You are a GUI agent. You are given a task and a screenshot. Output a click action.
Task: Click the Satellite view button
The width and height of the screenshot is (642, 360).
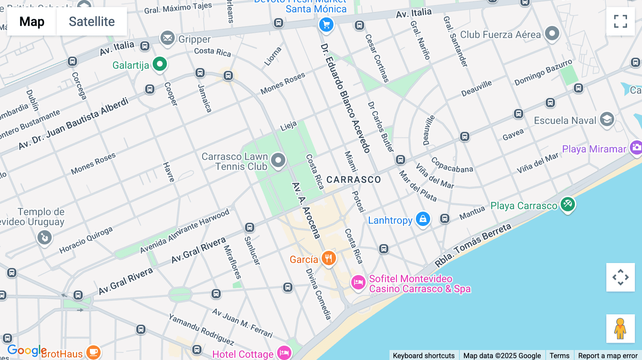click(x=92, y=21)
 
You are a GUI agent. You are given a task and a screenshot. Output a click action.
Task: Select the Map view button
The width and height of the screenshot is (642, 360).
click(x=32, y=21)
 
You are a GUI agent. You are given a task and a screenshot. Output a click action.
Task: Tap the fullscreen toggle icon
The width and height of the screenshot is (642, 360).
click(x=620, y=21)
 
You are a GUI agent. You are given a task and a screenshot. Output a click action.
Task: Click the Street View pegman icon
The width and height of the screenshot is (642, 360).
click(x=620, y=329)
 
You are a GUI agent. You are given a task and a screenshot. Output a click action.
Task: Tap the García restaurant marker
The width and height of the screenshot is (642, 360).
click(x=328, y=258)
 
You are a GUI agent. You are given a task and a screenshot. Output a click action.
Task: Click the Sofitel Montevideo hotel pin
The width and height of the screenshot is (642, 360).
click(x=358, y=283)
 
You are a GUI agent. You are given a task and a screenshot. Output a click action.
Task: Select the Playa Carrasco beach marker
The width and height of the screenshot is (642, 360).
click(x=567, y=205)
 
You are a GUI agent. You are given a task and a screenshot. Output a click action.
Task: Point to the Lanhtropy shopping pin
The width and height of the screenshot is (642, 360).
click(x=423, y=219)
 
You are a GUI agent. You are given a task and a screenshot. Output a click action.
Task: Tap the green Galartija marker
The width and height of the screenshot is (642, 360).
click(x=160, y=65)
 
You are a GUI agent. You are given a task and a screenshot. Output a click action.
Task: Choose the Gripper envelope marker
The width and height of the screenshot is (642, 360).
click(x=167, y=38)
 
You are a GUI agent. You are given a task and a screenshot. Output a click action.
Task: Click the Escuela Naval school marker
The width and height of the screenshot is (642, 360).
click(x=607, y=119)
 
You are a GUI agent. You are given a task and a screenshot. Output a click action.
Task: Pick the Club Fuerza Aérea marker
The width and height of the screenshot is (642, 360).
click(x=552, y=34)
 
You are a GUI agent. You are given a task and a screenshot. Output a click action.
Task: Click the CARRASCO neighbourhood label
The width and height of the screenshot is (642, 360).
click(x=353, y=180)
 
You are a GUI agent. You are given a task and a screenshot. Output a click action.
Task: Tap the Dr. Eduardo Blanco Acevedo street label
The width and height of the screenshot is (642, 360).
click(x=345, y=98)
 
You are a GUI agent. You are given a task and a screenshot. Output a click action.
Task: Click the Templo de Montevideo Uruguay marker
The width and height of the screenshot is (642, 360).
click(x=45, y=237)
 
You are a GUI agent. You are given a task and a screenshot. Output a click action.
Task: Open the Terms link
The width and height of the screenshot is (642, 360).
click(x=559, y=355)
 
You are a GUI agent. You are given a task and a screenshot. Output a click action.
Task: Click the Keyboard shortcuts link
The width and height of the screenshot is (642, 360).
click(x=423, y=355)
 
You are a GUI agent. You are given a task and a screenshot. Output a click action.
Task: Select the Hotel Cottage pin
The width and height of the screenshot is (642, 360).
click(x=284, y=353)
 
